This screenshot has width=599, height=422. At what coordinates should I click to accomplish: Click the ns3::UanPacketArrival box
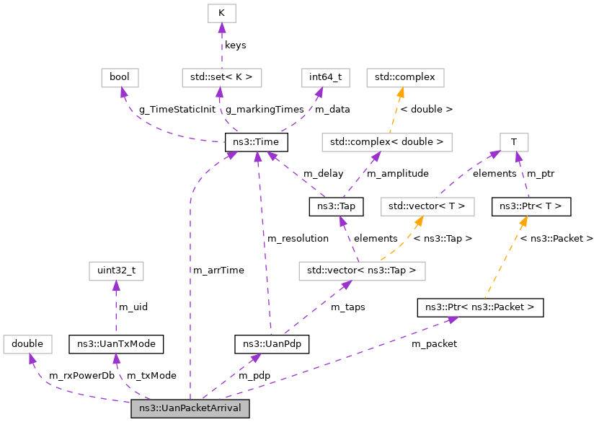click(x=190, y=408)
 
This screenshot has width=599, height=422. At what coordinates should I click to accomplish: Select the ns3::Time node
click(x=257, y=141)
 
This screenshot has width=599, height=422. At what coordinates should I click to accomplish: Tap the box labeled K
click(x=221, y=13)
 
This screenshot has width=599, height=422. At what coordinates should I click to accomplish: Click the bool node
click(x=120, y=77)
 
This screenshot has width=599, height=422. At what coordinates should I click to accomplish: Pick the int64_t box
click(x=325, y=77)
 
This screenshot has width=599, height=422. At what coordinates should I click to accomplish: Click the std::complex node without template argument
click(x=406, y=77)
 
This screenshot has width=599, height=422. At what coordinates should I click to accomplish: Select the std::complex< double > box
click(x=386, y=141)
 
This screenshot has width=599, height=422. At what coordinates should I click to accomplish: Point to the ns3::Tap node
click(x=336, y=207)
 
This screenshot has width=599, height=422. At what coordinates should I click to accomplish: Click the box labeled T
click(x=514, y=141)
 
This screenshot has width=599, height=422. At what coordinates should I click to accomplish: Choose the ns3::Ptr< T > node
click(x=531, y=207)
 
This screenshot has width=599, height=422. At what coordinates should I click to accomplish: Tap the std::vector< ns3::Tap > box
click(x=362, y=271)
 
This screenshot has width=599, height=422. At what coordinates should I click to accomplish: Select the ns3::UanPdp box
click(x=272, y=344)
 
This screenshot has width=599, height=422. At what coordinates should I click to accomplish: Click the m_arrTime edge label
click(x=218, y=270)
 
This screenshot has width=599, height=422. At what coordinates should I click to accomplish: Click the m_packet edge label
click(x=434, y=343)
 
